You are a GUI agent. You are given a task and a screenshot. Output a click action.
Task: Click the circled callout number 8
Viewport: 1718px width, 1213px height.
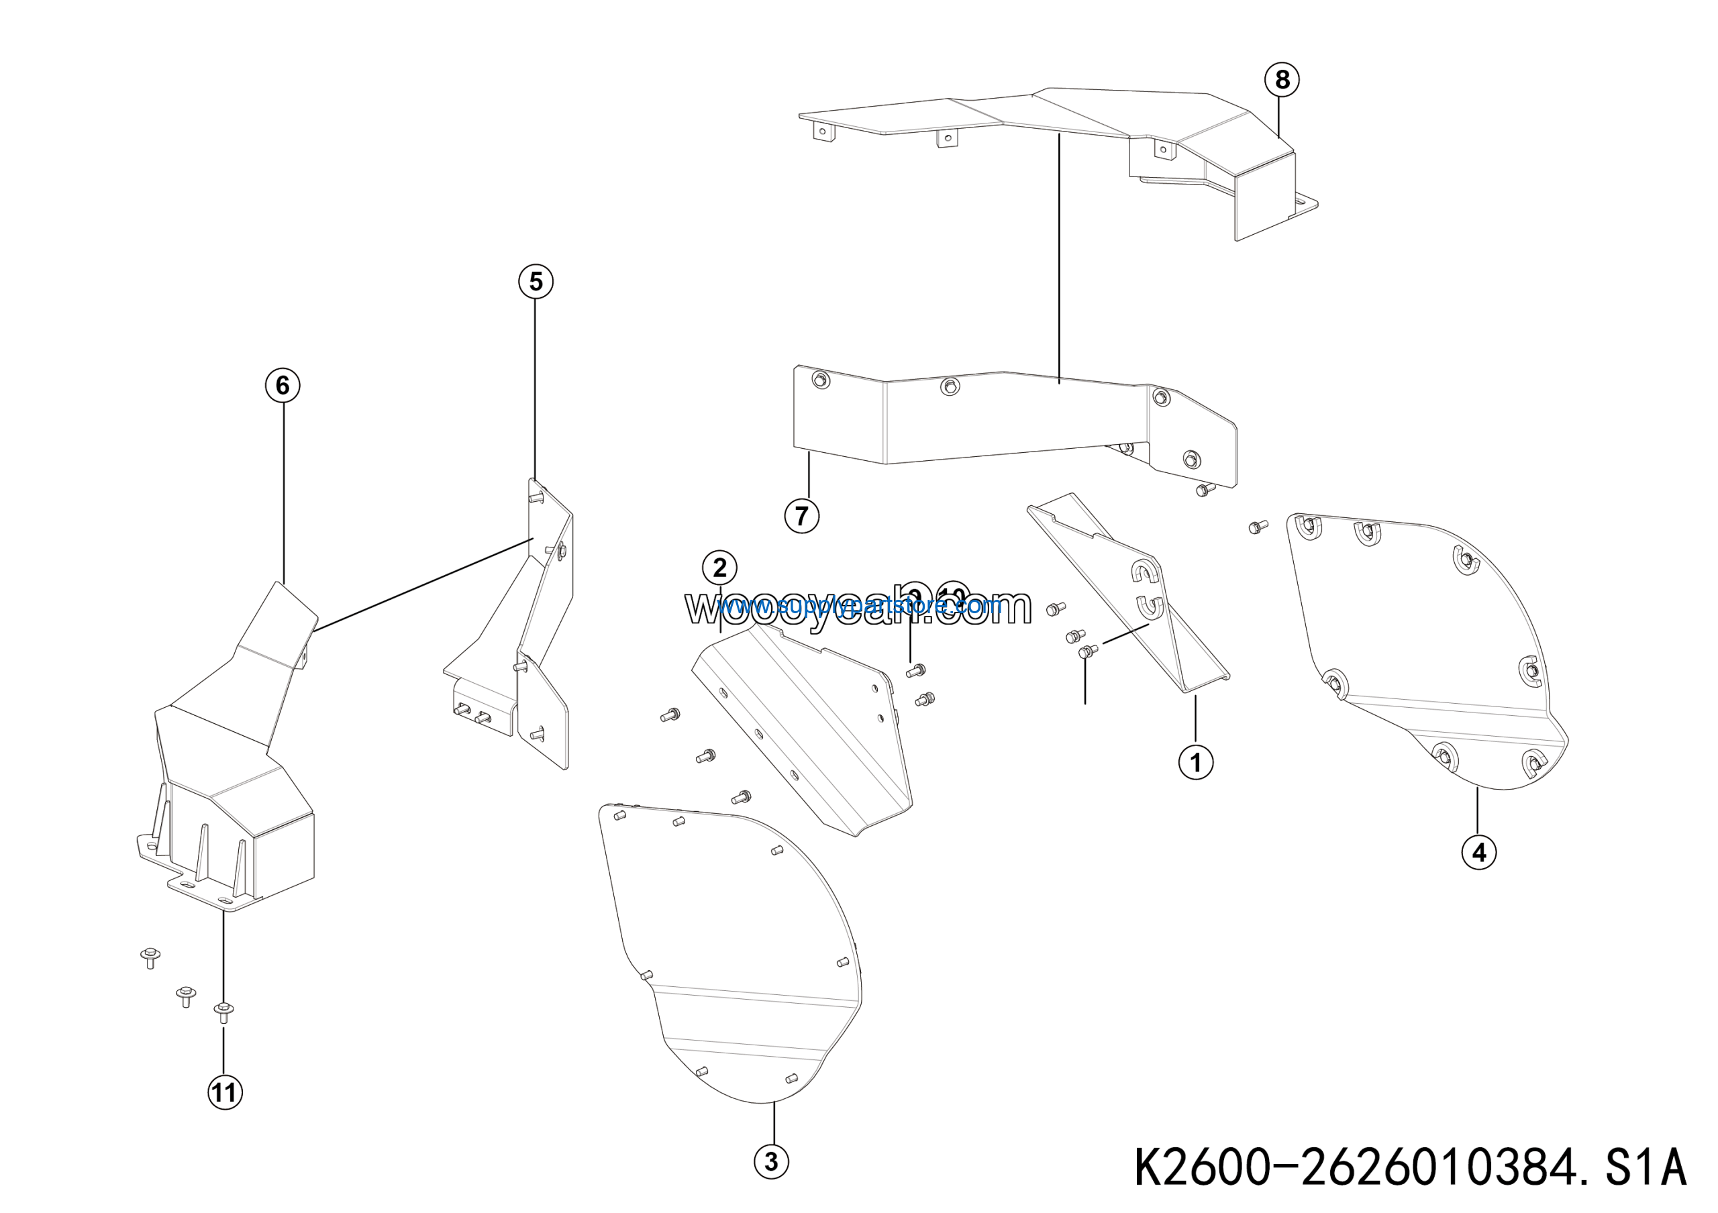[1282, 79]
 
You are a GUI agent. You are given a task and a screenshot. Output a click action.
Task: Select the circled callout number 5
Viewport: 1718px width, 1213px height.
[536, 282]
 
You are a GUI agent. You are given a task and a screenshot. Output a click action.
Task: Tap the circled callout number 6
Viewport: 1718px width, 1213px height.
[283, 385]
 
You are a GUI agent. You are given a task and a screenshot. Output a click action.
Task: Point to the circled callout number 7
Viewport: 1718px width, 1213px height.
[801, 516]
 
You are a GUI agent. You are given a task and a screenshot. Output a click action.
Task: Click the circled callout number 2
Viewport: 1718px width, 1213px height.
[720, 568]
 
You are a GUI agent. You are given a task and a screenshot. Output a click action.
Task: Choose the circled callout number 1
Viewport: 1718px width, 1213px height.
[1196, 763]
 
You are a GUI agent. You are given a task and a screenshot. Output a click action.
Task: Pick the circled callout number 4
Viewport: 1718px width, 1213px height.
[1478, 853]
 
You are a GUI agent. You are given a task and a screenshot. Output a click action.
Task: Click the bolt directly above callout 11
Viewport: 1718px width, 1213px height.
[223, 1011]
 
